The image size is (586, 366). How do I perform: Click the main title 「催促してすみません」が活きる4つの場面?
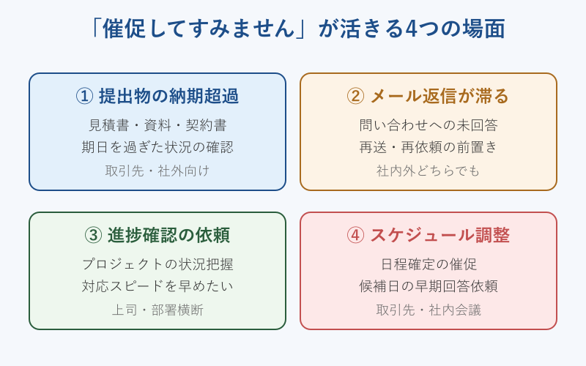[293, 29]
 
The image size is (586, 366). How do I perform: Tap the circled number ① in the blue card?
[85, 96]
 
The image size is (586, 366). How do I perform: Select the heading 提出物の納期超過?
[168, 96]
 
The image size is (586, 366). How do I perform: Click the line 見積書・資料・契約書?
[157, 124]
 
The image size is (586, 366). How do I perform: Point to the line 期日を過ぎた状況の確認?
[157, 147]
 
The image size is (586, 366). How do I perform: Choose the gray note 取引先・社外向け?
[157, 171]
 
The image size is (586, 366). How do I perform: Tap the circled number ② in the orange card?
[355, 96]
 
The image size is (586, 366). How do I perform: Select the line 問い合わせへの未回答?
[429, 124]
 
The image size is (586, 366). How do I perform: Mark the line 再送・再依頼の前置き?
[429, 147]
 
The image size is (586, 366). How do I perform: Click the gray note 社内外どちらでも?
[429, 171]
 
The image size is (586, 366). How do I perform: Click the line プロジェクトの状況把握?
[157, 264]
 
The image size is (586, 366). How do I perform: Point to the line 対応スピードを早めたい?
[157, 286]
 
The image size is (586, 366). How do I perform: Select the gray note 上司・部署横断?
[157, 310]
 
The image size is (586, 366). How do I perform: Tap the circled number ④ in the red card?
[355, 235]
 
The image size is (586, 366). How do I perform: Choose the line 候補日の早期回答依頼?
[429, 286]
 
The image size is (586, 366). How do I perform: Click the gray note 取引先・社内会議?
[429, 310]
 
